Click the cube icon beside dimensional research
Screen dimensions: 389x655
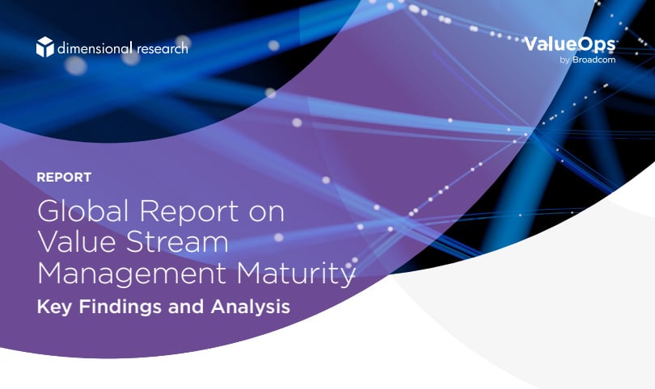click(x=44, y=47)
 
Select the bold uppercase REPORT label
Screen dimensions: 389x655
click(x=64, y=177)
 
